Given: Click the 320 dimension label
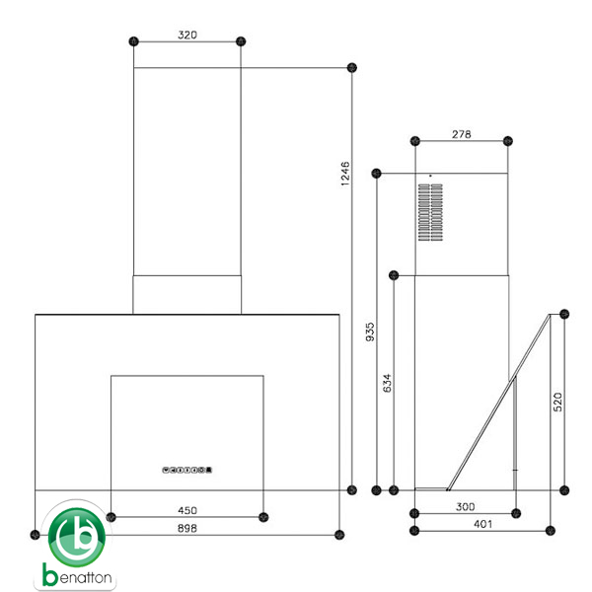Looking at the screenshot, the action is pyautogui.click(x=187, y=36).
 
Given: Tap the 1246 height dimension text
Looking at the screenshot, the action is pyautogui.click(x=345, y=174).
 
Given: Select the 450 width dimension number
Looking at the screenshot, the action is pyautogui.click(x=187, y=510).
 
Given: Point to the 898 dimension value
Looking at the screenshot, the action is pyautogui.click(x=187, y=528).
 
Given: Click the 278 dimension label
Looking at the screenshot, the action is pyautogui.click(x=462, y=134).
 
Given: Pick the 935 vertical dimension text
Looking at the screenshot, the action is pyautogui.click(x=370, y=332).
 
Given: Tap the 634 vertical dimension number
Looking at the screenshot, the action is pyautogui.click(x=387, y=383).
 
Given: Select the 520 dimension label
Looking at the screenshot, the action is pyautogui.click(x=557, y=402).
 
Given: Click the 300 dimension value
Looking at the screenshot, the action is pyautogui.click(x=465, y=507).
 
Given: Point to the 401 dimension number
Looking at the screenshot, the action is pyautogui.click(x=482, y=524).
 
